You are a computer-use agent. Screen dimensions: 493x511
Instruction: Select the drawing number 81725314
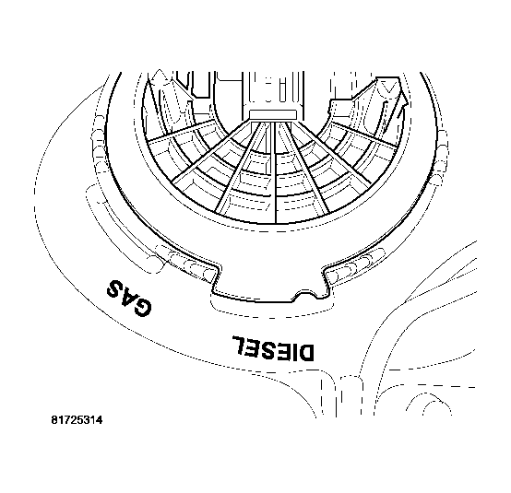[x=77, y=421]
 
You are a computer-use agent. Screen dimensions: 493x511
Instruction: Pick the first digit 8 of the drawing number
[x=54, y=421]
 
